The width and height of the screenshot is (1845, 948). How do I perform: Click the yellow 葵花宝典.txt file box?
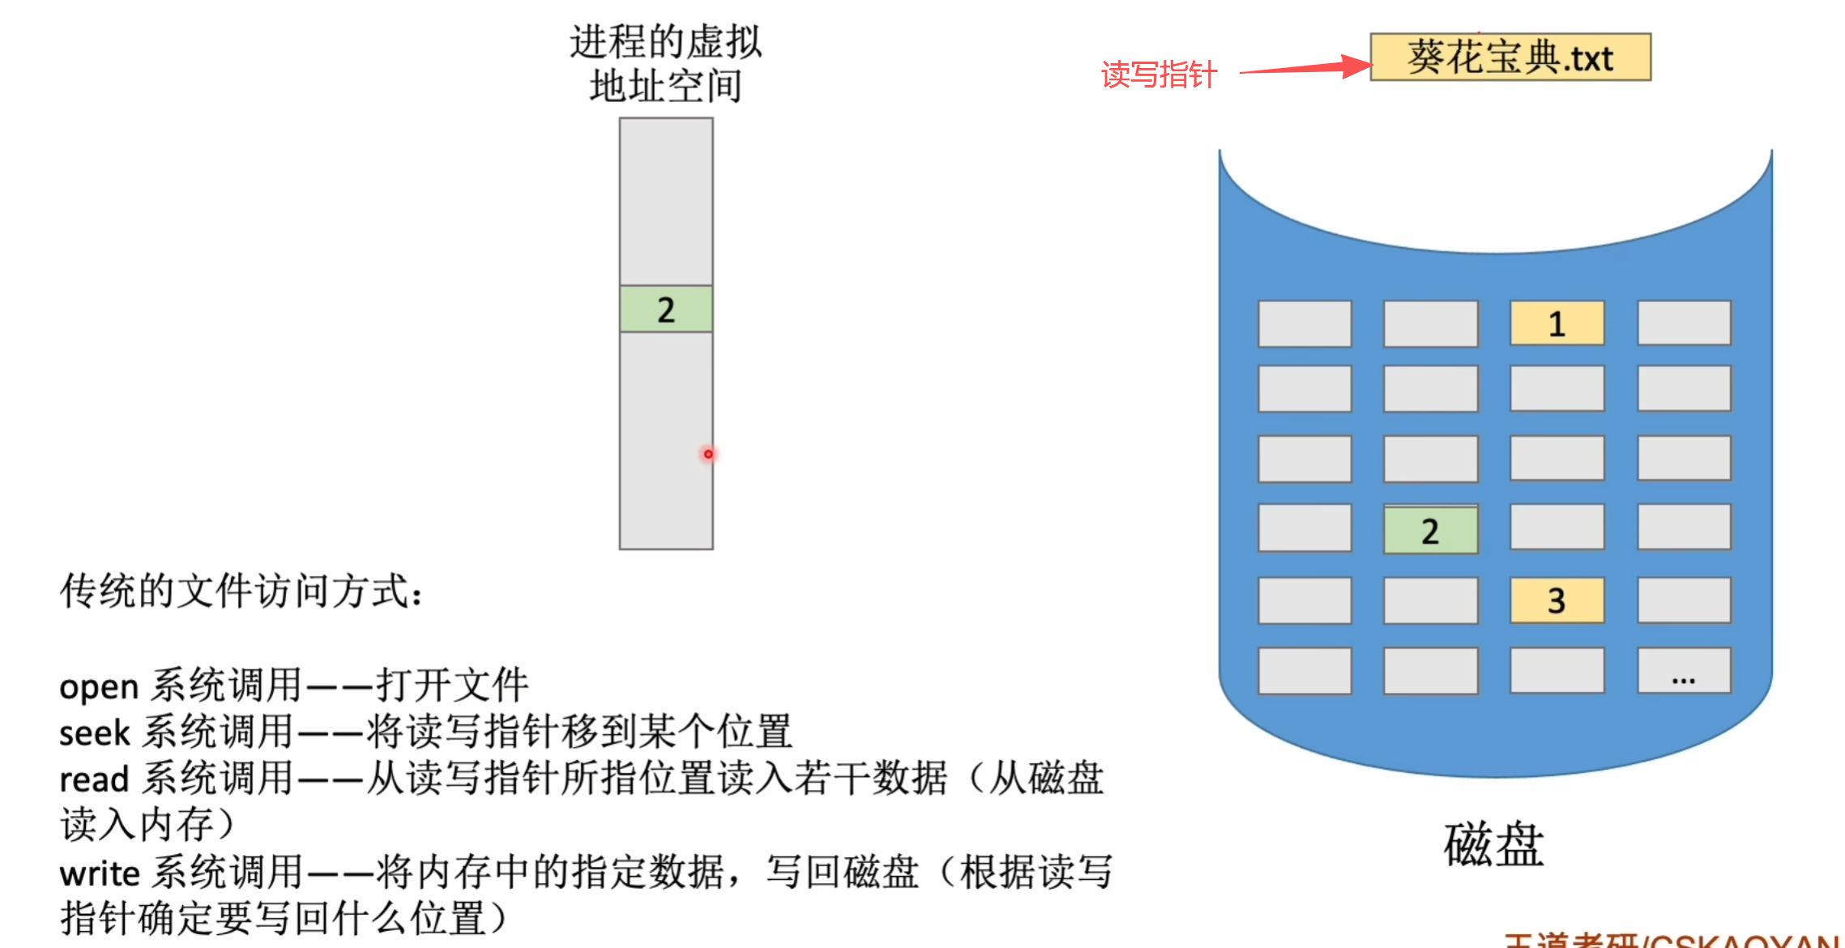[x=1510, y=58]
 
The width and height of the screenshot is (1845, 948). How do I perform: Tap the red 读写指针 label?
[x=1159, y=75]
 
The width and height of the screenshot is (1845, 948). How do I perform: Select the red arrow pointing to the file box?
[x=1305, y=68]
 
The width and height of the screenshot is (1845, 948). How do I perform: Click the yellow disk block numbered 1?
[x=1557, y=324]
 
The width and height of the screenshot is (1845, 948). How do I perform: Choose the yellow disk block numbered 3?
[x=1557, y=600]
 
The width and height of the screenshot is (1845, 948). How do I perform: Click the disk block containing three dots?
[x=1684, y=671]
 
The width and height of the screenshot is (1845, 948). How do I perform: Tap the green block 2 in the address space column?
[x=666, y=310]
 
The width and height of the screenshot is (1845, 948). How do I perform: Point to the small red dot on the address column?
[x=708, y=454]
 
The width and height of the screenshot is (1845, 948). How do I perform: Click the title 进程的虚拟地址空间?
[x=665, y=64]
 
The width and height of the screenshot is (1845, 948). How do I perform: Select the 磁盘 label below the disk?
[x=1493, y=844]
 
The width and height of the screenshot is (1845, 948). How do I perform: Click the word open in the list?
[x=99, y=687]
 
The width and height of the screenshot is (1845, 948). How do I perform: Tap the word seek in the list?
[x=94, y=733]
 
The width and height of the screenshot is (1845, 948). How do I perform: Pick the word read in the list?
[x=94, y=779]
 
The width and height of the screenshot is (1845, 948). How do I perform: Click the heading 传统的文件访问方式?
[x=240, y=591]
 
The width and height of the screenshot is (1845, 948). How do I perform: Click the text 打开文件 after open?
[x=452, y=685]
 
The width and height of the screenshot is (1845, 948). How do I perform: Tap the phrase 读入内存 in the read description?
[x=138, y=825]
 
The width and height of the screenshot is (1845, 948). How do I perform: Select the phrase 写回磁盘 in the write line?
[x=843, y=873]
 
